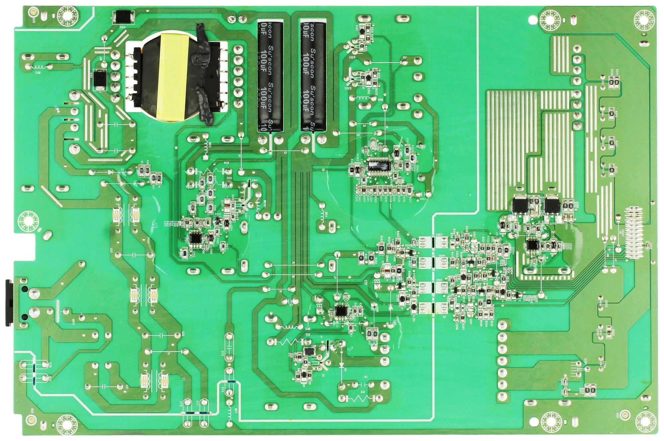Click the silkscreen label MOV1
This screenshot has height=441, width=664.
74,322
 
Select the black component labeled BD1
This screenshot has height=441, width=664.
310,351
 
